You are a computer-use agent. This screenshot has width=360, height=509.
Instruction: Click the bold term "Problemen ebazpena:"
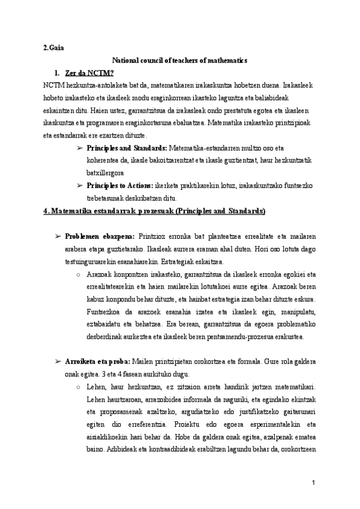(100, 236)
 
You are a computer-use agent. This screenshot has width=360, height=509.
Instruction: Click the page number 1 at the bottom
(314, 483)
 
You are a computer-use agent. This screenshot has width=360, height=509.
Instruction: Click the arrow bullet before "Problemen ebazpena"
(58, 236)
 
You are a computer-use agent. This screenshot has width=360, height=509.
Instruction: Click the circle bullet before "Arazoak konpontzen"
(80, 274)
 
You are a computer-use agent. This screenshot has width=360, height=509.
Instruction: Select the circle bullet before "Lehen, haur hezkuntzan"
(80, 387)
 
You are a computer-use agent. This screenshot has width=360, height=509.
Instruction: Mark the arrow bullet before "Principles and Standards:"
(80, 148)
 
